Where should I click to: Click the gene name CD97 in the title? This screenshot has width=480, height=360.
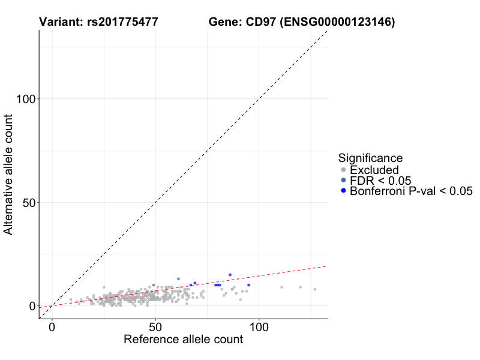261,22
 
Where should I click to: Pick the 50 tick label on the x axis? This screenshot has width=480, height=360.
155,327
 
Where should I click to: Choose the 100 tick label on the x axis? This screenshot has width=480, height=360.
259,327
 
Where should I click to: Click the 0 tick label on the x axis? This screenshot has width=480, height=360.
52,327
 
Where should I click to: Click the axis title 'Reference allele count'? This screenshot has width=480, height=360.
183,340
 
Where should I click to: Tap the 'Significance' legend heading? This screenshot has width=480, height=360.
370,158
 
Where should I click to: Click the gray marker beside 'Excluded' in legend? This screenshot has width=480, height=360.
343,170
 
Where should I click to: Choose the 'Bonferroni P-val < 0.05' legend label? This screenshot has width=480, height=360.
412,191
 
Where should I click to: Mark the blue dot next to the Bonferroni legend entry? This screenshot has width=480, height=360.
343,191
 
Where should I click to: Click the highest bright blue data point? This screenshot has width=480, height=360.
230,275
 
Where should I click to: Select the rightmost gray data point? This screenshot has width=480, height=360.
314,289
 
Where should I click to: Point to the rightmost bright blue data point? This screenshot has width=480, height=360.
248,285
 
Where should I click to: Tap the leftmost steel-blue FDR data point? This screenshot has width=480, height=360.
154,285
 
